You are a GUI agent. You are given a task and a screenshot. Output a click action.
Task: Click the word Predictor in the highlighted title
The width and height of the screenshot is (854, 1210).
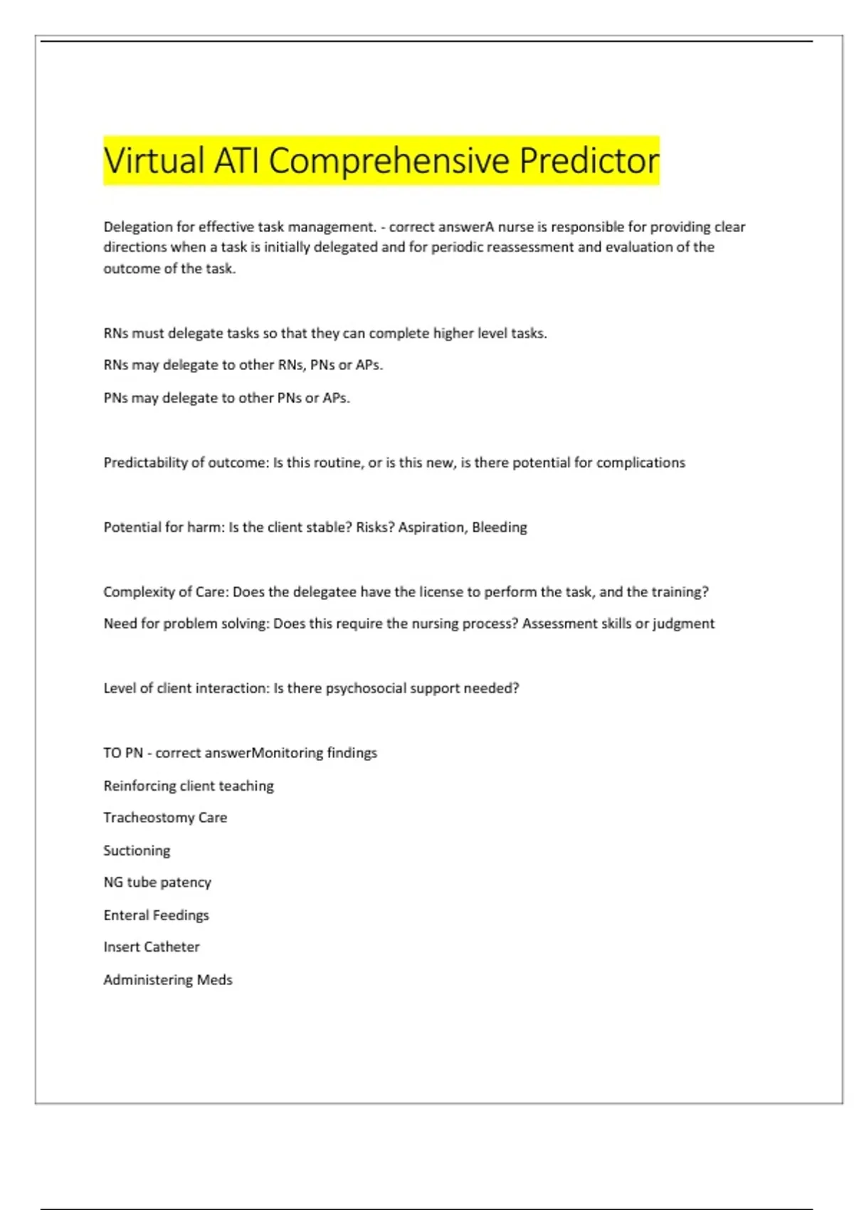click(589, 161)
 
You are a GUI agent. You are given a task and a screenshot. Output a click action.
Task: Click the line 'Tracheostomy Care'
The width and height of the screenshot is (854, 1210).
click(165, 818)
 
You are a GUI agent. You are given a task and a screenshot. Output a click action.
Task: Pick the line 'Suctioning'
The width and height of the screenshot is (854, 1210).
click(137, 851)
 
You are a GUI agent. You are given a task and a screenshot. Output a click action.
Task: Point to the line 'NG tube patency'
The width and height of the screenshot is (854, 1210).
click(157, 883)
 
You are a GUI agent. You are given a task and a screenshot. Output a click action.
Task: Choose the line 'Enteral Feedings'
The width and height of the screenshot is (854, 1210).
click(156, 915)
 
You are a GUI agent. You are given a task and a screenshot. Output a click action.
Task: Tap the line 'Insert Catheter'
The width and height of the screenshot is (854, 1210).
click(152, 947)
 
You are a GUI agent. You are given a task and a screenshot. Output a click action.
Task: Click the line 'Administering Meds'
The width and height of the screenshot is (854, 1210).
click(168, 980)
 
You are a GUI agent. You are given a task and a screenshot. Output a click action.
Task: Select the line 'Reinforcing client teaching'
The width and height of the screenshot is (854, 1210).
click(189, 786)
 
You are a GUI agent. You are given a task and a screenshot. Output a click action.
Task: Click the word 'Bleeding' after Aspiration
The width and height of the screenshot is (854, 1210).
click(500, 527)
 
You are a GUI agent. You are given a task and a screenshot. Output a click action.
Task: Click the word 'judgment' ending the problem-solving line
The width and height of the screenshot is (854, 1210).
click(683, 624)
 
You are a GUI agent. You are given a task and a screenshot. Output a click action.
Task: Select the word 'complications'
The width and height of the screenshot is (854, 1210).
click(640, 463)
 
